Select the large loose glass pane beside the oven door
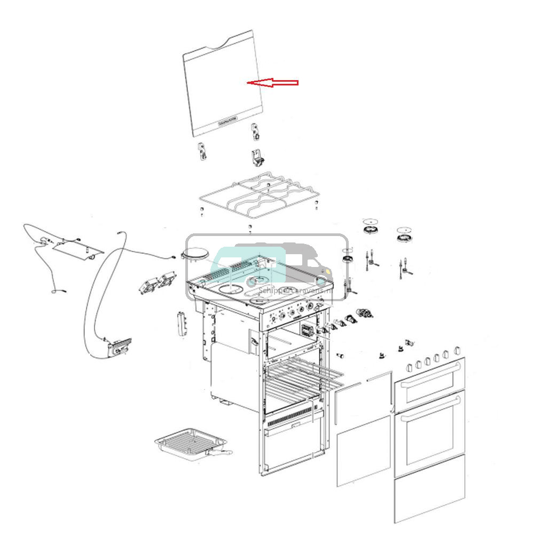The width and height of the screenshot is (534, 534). (x=364, y=451)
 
